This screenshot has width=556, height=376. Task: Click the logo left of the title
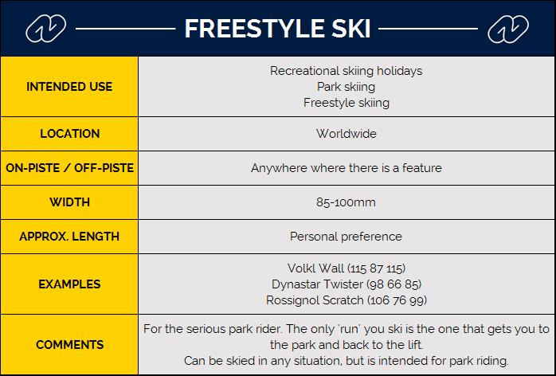pos(45,29)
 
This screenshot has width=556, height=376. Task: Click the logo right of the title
pos(508,29)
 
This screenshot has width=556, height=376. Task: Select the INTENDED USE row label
pos(69,87)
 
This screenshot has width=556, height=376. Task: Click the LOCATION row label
pos(69,134)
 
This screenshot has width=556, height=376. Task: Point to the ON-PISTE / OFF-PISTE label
pos(69,168)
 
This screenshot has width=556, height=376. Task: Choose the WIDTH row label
pos(69,202)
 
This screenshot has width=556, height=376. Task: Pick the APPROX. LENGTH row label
pos(69,237)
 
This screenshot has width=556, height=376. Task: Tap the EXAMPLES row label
pos(69,284)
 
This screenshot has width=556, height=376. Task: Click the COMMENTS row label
pos(69,344)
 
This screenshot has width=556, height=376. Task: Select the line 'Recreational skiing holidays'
pos(346,71)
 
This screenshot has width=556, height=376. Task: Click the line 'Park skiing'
pos(346,87)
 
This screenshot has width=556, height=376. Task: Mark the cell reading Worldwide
pos(346,134)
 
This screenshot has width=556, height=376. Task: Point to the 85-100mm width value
pos(346,202)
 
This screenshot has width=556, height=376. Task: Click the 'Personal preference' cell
pos(346,237)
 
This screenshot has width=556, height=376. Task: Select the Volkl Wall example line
pos(346,268)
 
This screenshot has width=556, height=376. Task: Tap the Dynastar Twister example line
pos(346,284)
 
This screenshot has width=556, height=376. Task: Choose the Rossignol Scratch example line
pos(346,300)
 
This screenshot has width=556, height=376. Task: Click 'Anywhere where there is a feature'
pos(346,168)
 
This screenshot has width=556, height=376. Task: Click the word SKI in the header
pos(351,29)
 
